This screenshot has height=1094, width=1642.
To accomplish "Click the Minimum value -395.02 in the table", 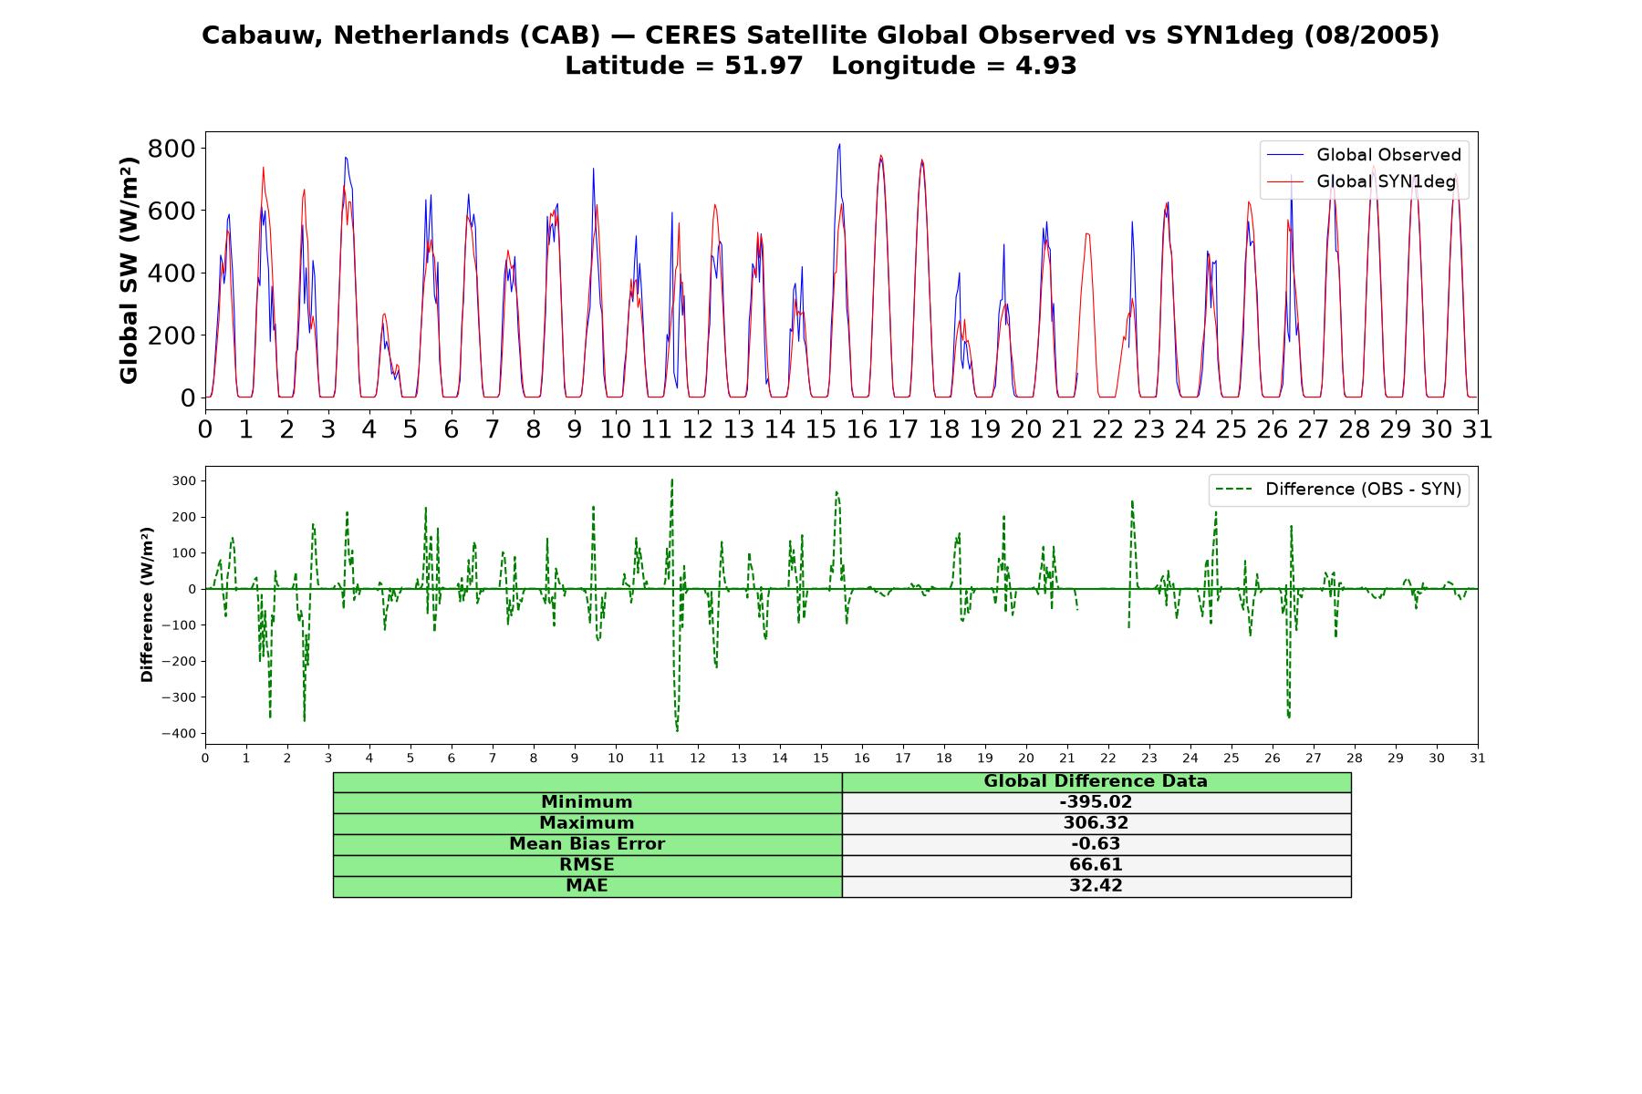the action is [1096, 802].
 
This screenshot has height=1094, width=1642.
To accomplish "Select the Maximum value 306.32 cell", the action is [1096, 823].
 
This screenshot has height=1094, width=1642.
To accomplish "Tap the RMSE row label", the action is [587, 865].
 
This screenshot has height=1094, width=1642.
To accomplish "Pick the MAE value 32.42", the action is [1096, 886].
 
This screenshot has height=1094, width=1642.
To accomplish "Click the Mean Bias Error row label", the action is [587, 844].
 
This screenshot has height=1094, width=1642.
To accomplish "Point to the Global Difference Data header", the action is [1096, 781].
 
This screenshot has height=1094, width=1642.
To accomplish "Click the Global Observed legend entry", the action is [1364, 155].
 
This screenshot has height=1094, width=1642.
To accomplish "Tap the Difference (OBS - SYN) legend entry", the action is [1338, 490].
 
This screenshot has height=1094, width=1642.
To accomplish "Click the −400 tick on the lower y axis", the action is [179, 734].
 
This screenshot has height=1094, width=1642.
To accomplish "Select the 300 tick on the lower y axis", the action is [183, 480].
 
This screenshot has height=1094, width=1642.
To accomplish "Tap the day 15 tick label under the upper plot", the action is [820, 429].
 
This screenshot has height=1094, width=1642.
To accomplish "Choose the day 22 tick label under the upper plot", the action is [1107, 429].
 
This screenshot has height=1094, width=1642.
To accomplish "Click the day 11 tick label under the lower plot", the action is [656, 759].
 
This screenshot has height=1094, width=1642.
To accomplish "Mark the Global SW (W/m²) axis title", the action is [129, 271].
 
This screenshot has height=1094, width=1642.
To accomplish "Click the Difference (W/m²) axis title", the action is [147, 604].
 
